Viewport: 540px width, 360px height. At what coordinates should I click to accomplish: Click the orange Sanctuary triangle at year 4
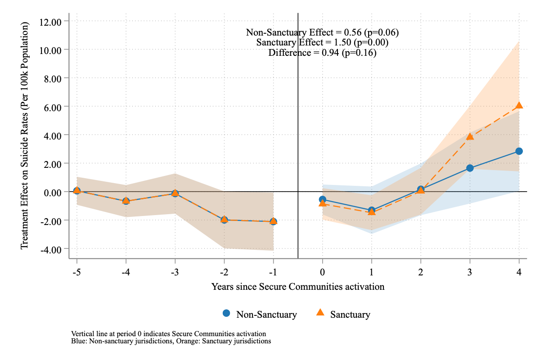tap(519, 105)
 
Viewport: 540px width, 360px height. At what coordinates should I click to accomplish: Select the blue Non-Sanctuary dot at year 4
tap(519, 151)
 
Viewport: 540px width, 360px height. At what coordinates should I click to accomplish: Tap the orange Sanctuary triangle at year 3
tap(470, 136)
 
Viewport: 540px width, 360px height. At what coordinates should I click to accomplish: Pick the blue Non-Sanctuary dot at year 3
tap(470, 168)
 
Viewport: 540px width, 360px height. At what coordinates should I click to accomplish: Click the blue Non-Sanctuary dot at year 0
tap(323, 199)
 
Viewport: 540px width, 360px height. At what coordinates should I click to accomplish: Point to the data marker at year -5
tap(77, 191)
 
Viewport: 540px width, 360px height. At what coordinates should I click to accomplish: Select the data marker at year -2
tap(224, 220)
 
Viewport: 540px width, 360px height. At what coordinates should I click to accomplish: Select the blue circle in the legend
tap(226, 313)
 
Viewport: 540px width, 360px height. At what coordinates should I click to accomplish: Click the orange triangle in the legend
tap(320, 313)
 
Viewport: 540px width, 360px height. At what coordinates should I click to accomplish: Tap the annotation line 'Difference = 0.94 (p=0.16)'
tap(322, 53)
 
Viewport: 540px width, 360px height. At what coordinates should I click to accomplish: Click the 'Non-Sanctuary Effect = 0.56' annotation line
tap(322, 32)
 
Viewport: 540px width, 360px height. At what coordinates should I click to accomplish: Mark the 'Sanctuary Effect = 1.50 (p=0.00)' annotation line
tap(322, 43)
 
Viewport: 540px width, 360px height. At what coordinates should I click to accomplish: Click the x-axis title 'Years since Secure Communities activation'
tap(298, 287)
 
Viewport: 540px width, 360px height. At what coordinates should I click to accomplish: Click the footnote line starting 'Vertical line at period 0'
tap(169, 334)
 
